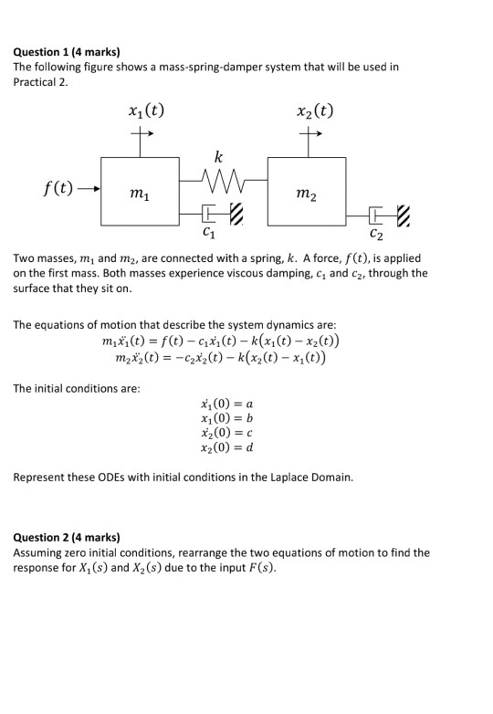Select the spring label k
(x=217, y=157)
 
